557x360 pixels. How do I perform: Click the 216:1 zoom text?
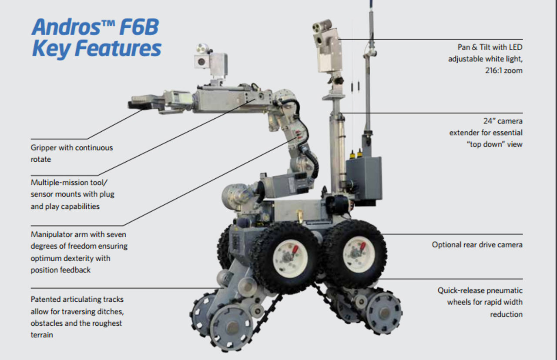(503, 70)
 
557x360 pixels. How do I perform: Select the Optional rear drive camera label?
(477, 245)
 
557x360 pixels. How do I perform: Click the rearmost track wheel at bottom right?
(383, 313)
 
